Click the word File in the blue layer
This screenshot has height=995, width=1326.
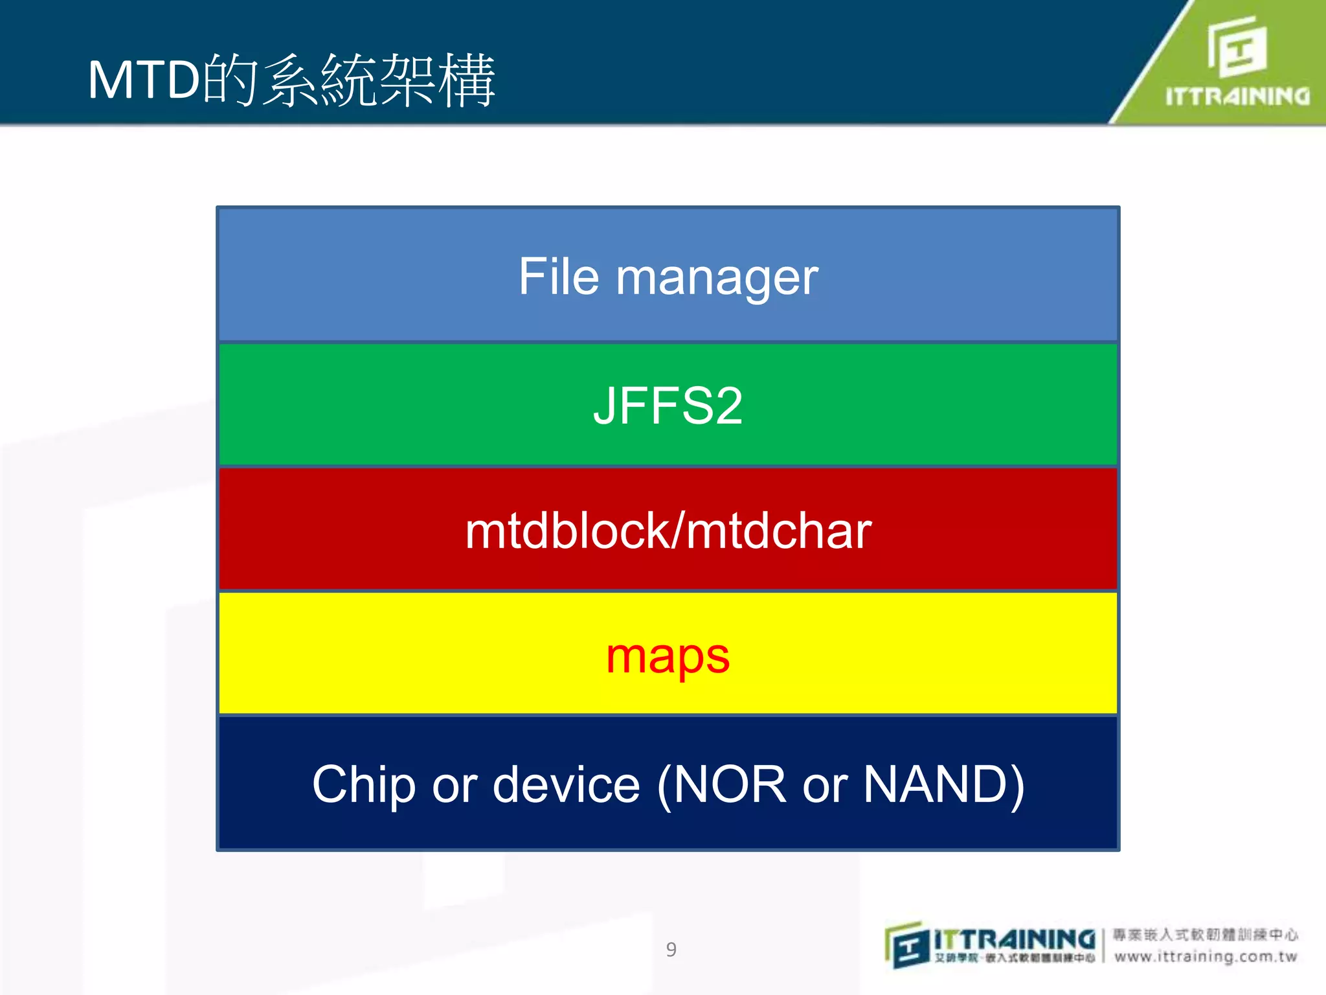point(558,277)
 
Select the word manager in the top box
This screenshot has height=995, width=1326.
point(717,279)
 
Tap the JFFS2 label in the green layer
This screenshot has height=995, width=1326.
point(668,406)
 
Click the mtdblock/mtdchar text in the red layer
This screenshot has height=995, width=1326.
point(668,531)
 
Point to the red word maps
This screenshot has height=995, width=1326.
point(668,657)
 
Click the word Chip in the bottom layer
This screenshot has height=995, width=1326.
point(363,784)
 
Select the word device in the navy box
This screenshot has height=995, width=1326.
point(566,784)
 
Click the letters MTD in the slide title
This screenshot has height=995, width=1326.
point(144,80)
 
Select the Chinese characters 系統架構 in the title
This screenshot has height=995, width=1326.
point(378,80)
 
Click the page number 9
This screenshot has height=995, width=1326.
point(671,950)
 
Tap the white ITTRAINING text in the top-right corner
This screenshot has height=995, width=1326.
point(1237,97)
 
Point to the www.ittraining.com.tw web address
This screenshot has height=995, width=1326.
point(1206,956)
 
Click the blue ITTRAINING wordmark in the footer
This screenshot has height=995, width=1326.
point(1014,939)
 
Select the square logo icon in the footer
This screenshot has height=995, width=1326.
point(907,946)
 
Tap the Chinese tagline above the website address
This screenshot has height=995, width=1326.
point(1206,935)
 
